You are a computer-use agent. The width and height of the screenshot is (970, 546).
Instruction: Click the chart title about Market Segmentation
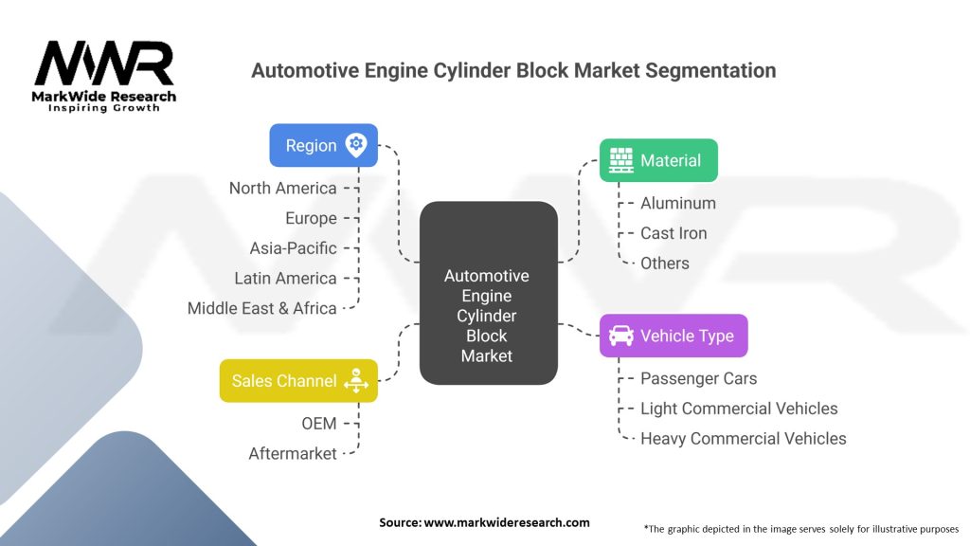click(512, 71)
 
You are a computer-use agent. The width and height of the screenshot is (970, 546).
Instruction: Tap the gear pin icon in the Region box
click(356, 145)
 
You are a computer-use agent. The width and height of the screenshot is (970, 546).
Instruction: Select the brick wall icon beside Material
click(621, 160)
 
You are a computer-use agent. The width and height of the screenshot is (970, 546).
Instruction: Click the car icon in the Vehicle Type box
click(621, 336)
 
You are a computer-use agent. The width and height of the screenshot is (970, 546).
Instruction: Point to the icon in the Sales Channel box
click(356, 381)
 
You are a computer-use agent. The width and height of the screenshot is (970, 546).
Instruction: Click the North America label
click(282, 188)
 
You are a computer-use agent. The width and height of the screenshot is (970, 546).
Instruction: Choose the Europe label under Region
click(311, 218)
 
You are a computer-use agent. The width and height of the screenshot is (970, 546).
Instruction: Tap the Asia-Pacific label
click(293, 248)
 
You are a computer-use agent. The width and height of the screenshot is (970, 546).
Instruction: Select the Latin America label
click(285, 279)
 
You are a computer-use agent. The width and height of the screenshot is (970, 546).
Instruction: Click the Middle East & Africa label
click(261, 308)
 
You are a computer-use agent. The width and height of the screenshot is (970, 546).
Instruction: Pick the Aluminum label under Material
click(678, 203)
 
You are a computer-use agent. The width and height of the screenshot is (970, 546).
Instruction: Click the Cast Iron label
click(674, 233)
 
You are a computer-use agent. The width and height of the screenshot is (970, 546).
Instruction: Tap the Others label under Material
click(665, 264)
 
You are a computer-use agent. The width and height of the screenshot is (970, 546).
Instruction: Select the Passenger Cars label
click(699, 378)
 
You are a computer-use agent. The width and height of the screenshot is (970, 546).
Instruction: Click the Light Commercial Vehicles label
click(739, 409)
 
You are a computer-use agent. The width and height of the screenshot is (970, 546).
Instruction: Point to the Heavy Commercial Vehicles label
click(744, 439)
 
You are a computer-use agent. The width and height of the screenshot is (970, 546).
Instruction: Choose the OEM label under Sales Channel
click(319, 424)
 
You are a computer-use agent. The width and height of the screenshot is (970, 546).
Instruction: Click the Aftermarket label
click(293, 454)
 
